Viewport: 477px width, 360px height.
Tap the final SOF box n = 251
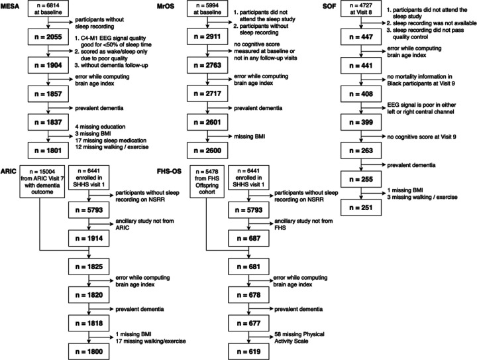click(x=362, y=208)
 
